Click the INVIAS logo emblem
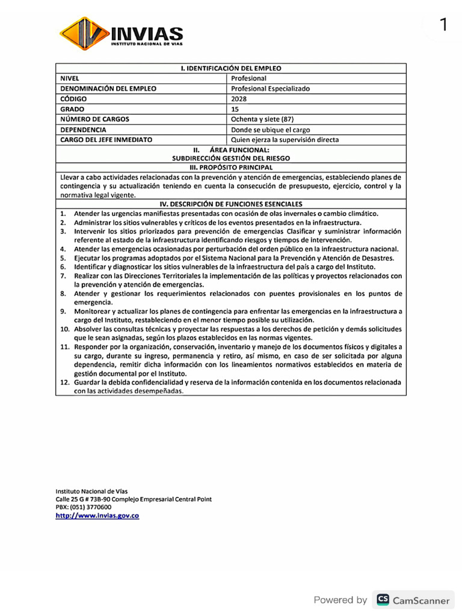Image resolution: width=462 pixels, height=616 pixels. (x=84, y=33)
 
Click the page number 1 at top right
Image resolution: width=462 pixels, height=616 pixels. (x=443, y=25)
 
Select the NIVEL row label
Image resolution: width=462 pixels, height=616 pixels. (x=70, y=78)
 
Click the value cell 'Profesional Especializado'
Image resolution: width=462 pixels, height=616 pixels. (x=270, y=88)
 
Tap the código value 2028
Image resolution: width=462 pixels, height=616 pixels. (x=239, y=99)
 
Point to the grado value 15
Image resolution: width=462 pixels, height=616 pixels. (x=235, y=109)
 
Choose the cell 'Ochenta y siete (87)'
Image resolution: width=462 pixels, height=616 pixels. (x=262, y=119)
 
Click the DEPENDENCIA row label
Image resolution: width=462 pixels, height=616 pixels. (x=84, y=129)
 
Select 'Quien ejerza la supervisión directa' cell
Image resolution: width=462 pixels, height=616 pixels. (x=285, y=140)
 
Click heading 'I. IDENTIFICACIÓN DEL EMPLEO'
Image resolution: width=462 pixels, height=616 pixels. (x=231, y=68)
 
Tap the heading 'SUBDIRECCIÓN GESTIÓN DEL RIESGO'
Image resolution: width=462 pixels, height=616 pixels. (x=231, y=158)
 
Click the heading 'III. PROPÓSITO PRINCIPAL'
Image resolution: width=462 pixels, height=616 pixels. (x=231, y=167)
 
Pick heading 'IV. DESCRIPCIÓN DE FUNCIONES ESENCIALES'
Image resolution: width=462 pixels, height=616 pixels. (x=231, y=204)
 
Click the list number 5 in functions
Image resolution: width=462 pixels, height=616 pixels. (x=63, y=257)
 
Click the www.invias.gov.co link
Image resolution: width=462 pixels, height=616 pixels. (x=97, y=516)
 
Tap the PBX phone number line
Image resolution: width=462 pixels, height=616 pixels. (x=83, y=507)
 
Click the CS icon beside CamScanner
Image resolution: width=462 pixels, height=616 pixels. (x=383, y=599)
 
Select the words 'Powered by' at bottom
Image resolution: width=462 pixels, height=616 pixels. (x=340, y=600)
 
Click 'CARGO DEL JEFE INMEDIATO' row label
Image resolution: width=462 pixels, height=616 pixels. (x=106, y=140)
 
